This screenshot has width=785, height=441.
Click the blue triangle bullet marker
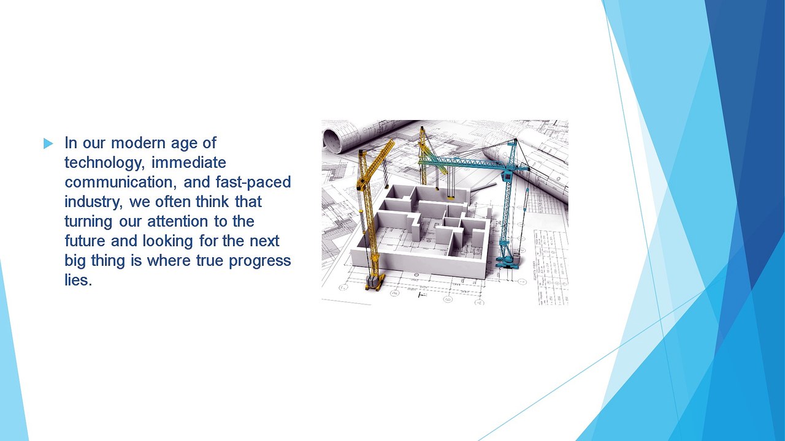[x=48, y=143]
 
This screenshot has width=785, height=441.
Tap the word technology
[x=104, y=163]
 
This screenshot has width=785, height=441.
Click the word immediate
[x=189, y=162]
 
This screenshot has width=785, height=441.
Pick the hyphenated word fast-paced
[x=253, y=183]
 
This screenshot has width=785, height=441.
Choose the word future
[x=85, y=241]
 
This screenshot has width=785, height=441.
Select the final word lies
[x=78, y=280]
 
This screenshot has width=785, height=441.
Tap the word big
[x=75, y=261]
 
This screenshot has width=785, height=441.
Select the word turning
[x=89, y=222]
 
